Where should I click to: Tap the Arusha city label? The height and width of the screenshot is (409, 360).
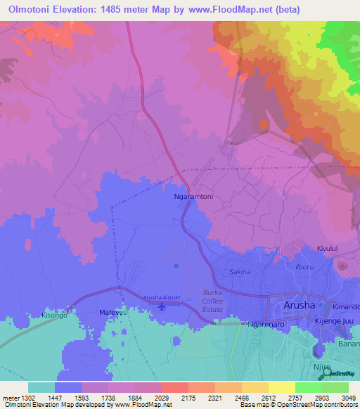pyautogui.click(x=302, y=305)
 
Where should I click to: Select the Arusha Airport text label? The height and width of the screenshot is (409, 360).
pyautogui.click(x=162, y=298)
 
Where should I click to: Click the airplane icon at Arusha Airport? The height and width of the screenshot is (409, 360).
pyautogui.click(x=163, y=306)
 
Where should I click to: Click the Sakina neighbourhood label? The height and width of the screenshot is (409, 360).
pyautogui.click(x=240, y=271)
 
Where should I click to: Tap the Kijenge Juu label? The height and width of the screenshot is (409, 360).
pyautogui.click(x=333, y=320)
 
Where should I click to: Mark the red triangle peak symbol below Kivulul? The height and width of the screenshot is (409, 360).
pyautogui.click(x=342, y=264)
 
